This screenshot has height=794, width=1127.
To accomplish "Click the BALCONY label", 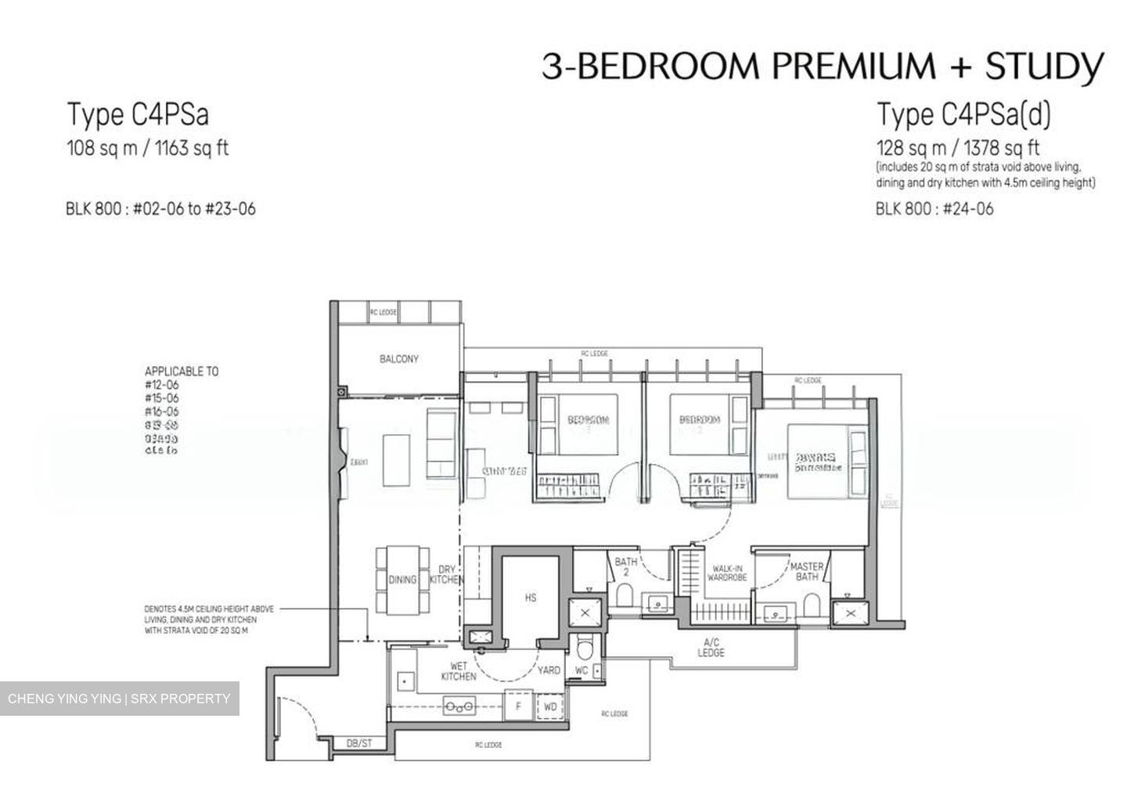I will (398, 359).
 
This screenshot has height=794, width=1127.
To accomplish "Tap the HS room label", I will (531, 598).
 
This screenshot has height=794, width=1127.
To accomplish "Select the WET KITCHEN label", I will (458, 670).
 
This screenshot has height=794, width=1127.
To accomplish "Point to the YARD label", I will (548, 670).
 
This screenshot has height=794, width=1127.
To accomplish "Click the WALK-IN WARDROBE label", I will (727, 573).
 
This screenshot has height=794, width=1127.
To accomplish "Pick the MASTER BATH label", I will (806, 571).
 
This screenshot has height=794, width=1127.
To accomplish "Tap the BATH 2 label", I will (625, 567).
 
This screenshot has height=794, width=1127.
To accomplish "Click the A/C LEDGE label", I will (711, 648).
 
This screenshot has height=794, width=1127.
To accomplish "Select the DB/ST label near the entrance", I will (359, 742).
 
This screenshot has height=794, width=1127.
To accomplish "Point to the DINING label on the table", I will (402, 580).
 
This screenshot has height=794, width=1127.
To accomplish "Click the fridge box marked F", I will (517, 706).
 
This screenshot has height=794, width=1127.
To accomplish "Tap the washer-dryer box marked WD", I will (550, 706).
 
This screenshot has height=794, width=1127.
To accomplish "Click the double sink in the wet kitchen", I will (459, 706).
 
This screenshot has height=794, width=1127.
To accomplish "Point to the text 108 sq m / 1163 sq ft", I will (147, 149).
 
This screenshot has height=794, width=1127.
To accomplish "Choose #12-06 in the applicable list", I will (162, 385).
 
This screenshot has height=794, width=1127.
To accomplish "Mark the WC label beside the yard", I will (581, 670).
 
